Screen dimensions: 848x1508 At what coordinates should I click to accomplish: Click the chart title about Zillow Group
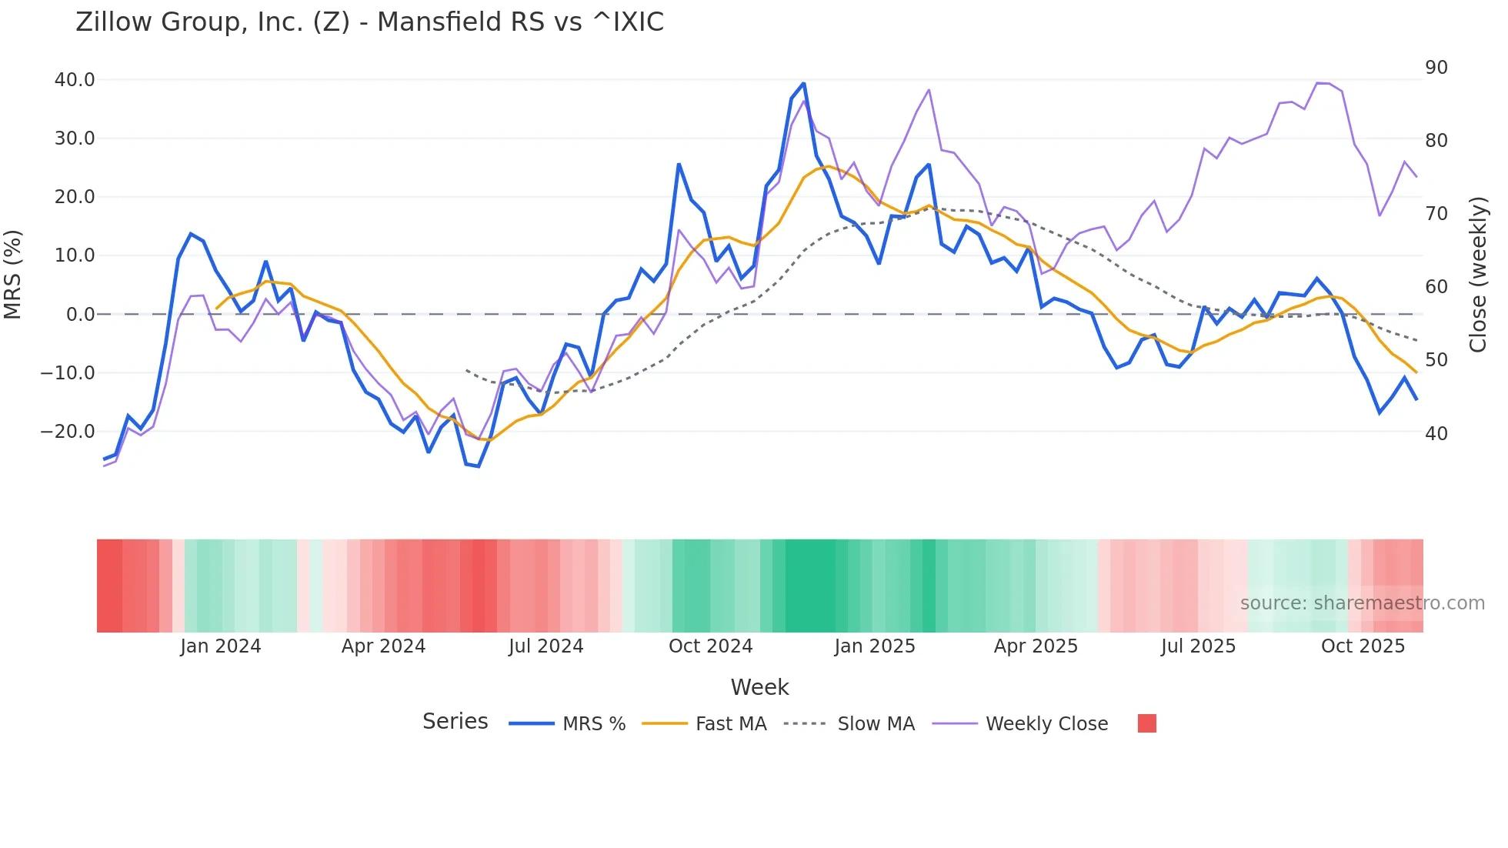point(369,22)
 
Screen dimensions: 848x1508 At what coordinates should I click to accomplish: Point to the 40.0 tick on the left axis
point(75,80)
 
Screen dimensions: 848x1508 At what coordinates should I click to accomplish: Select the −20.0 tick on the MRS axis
point(68,432)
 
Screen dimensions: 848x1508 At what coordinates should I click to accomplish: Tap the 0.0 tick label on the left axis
point(80,315)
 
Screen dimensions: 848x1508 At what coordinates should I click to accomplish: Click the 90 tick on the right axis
point(1436,68)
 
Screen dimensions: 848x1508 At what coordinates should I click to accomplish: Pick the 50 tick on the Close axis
point(1436,360)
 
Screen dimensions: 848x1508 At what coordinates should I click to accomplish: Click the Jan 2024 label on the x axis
point(221,646)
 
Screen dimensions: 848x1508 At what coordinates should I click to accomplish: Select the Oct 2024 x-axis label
point(710,646)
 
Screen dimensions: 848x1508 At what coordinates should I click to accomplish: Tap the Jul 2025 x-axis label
point(1198,646)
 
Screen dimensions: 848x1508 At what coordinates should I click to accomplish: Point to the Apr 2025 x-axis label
point(1036,646)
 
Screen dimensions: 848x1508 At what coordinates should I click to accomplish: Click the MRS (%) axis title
point(13,275)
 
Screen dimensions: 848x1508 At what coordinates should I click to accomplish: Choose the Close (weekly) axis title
point(1478,275)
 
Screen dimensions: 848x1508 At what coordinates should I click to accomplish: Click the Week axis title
point(759,687)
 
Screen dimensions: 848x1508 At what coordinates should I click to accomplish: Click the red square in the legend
point(1146,723)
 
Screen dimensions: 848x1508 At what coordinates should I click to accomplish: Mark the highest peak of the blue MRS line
point(803,83)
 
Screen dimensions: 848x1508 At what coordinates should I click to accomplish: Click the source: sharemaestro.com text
point(1362,603)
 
